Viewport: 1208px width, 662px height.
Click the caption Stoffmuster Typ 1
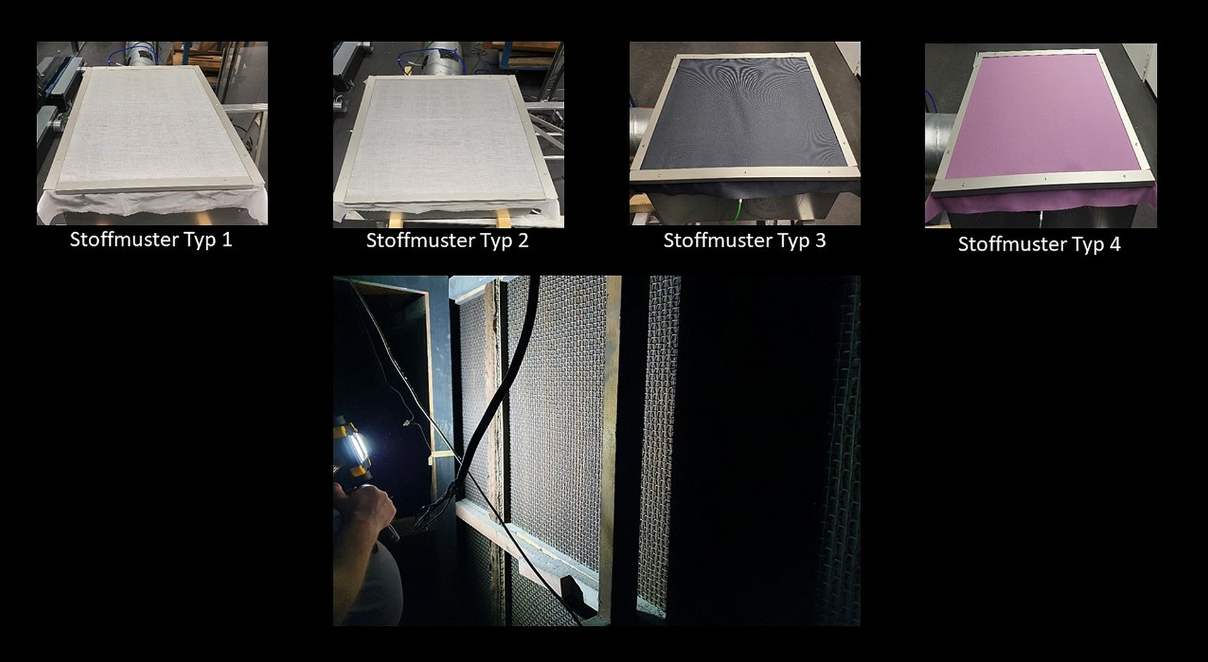point(151,240)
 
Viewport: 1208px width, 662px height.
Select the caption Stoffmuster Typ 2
point(447,240)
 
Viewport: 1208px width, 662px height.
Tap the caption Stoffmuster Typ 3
point(745,240)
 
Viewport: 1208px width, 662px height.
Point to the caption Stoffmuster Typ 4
point(1039,244)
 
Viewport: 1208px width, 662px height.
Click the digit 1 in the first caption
point(226,240)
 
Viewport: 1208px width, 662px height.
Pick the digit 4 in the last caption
point(1115,244)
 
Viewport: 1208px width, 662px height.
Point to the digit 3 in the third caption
point(820,240)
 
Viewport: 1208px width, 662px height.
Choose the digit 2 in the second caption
point(523,240)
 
